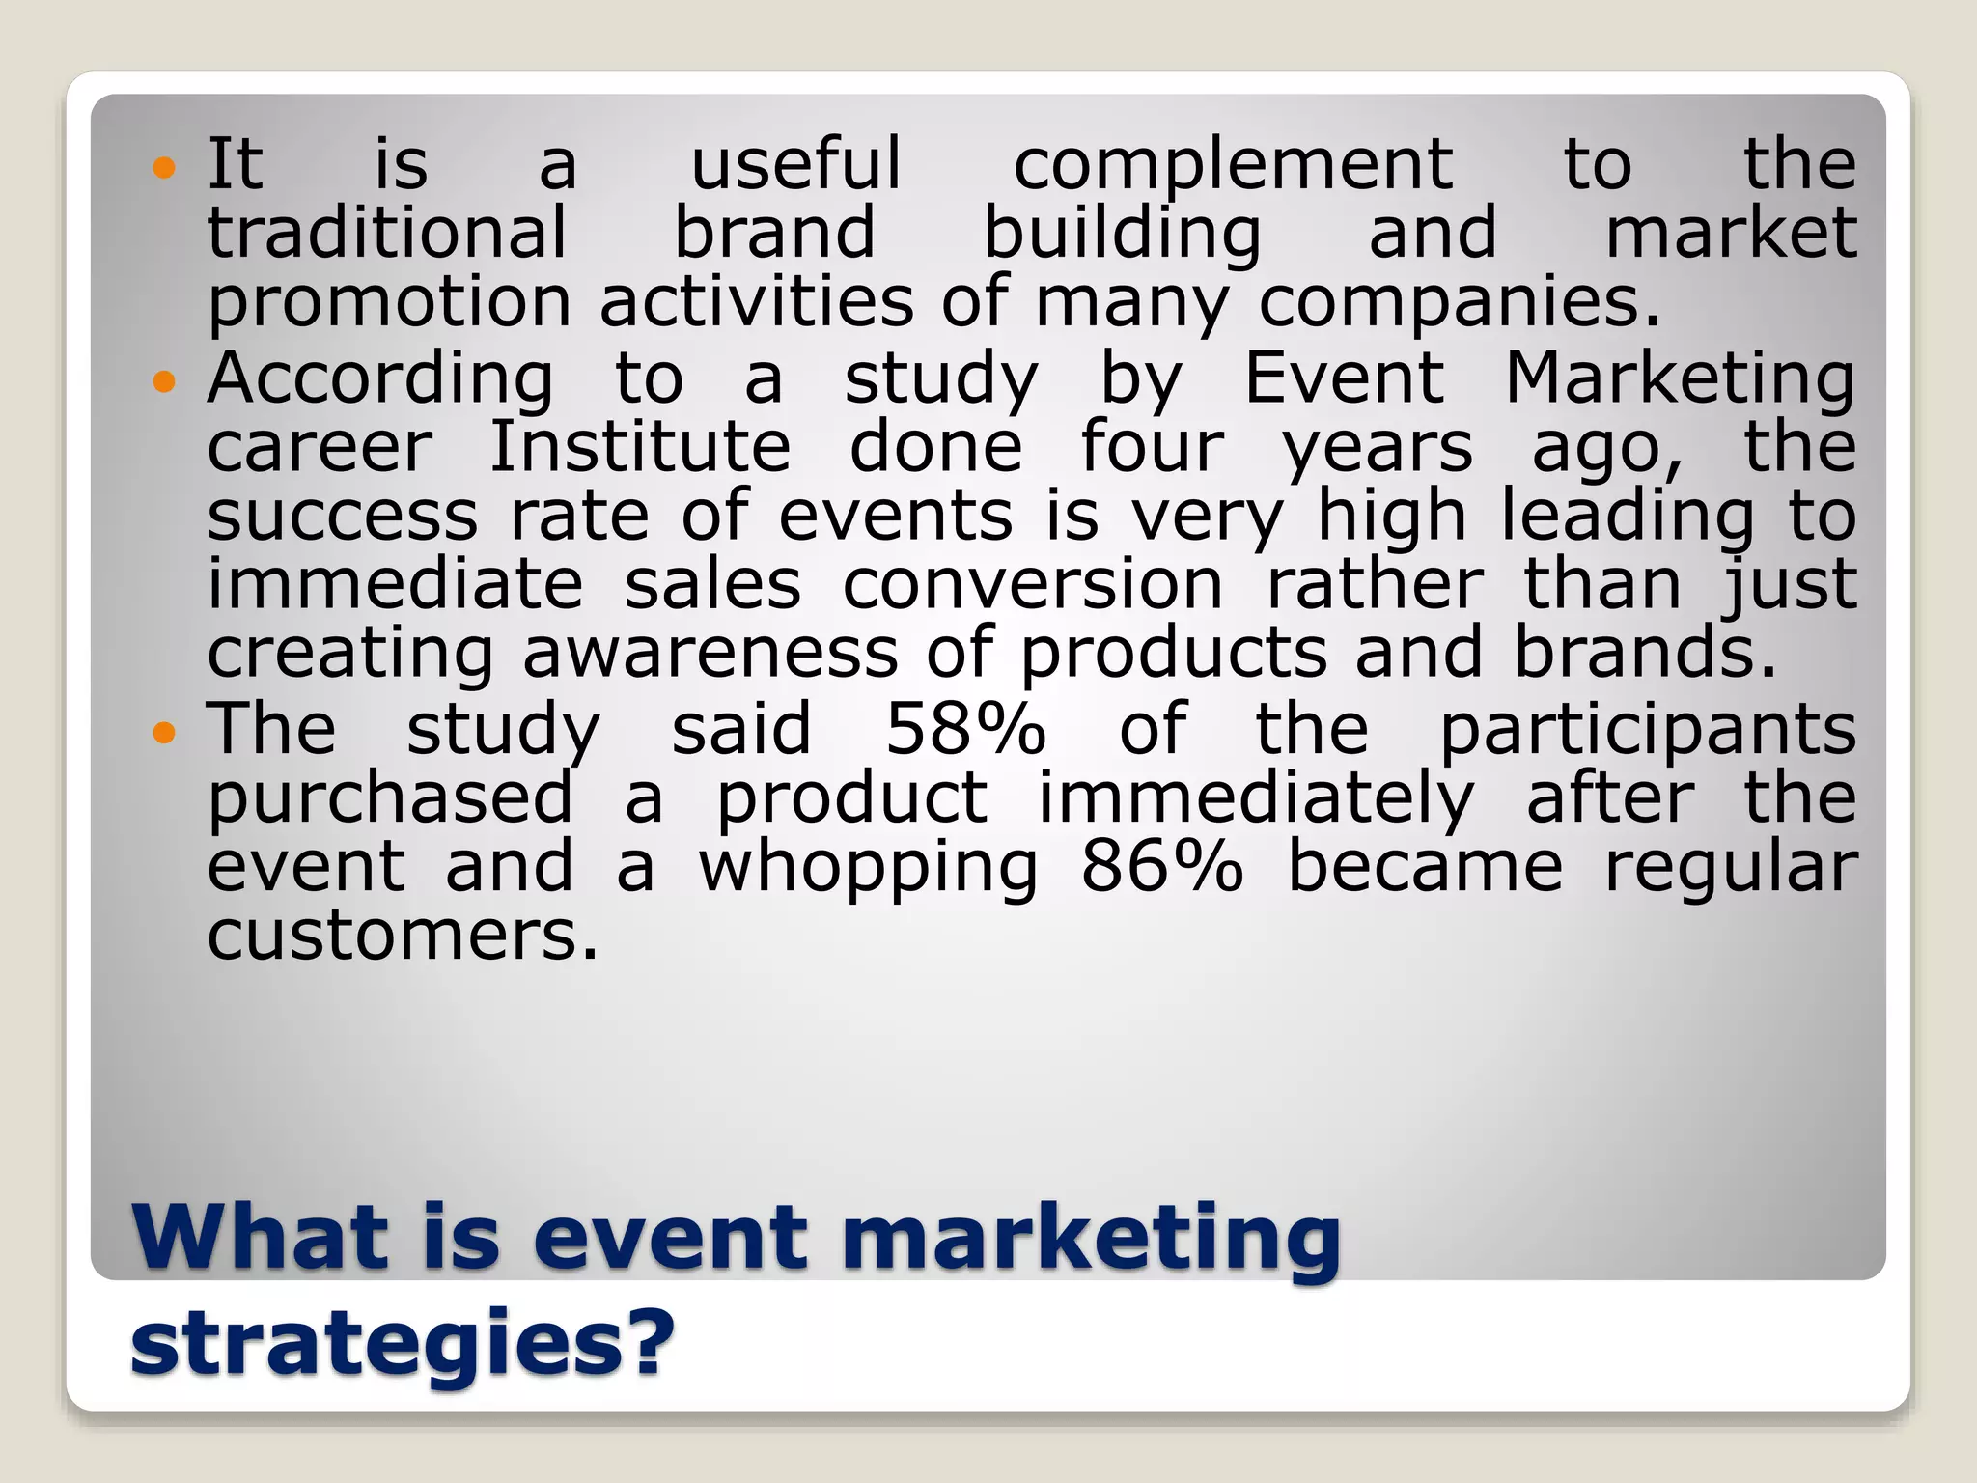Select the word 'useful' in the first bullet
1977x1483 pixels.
point(796,163)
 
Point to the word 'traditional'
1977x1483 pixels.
point(387,233)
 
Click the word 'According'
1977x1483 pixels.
point(380,380)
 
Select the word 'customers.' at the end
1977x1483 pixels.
point(403,936)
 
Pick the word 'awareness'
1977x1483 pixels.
point(710,654)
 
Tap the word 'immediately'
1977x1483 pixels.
point(1256,800)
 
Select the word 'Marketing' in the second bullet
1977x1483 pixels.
point(1680,380)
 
